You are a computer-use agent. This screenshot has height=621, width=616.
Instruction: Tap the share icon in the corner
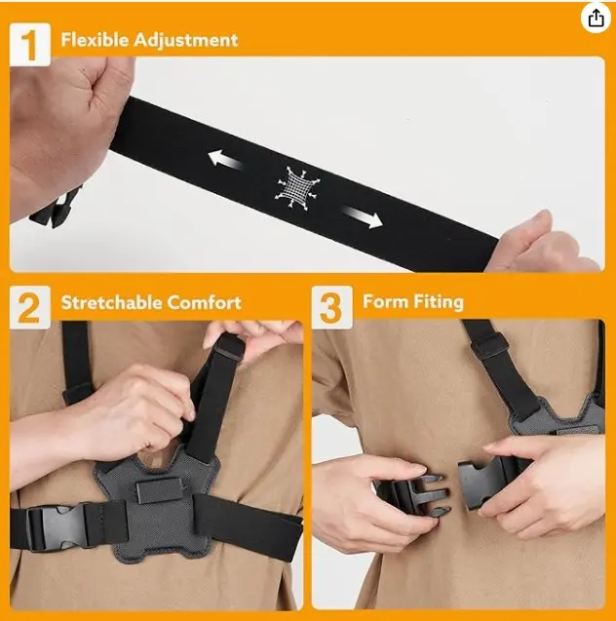click(596, 19)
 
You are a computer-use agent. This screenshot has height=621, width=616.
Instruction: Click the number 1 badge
click(30, 45)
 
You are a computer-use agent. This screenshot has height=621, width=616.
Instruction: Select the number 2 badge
click(30, 307)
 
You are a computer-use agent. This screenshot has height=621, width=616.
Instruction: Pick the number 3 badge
click(331, 307)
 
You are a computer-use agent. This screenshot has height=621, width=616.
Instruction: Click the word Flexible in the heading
click(95, 40)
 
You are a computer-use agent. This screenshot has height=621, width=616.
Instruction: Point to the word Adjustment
click(186, 40)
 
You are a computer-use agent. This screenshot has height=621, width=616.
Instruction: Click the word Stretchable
click(112, 302)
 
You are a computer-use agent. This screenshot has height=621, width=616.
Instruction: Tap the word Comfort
click(205, 302)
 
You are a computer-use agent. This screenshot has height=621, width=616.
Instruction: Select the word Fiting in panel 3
click(439, 302)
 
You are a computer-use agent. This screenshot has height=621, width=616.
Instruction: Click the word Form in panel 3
click(386, 302)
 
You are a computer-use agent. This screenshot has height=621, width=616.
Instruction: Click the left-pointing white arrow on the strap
click(225, 159)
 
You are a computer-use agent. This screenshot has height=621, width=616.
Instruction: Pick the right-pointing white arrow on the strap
click(363, 217)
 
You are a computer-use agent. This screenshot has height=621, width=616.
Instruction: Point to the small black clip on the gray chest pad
click(160, 490)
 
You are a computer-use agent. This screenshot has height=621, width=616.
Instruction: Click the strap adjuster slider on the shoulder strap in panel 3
click(489, 344)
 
